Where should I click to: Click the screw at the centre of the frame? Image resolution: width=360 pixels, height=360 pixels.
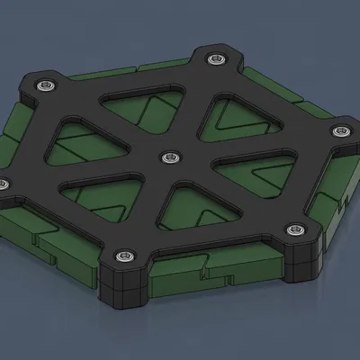(x=167, y=157)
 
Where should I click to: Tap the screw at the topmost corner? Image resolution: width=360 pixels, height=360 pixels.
(x=215, y=59)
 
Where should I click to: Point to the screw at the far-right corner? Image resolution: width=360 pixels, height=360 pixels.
(x=339, y=132)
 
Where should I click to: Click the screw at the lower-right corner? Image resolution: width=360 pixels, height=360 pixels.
(x=295, y=229)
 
